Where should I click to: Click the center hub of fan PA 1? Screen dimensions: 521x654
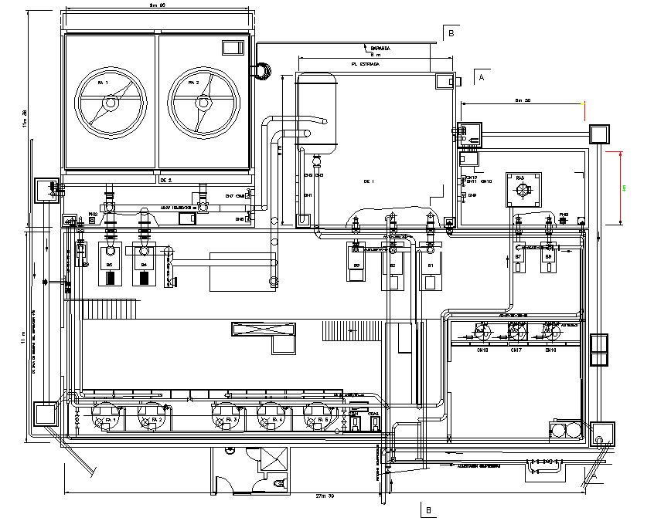pos(111,102)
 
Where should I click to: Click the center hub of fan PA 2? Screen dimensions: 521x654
pos(203,102)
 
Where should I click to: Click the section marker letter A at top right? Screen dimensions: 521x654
pos(482,78)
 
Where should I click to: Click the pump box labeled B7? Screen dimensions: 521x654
pos(519,255)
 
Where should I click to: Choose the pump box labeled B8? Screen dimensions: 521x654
pos(549,255)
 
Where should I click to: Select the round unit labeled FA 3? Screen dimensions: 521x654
pos(224,419)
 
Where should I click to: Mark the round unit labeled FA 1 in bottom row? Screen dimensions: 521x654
pos(104,419)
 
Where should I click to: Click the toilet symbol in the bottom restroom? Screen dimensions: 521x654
pos(279,483)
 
